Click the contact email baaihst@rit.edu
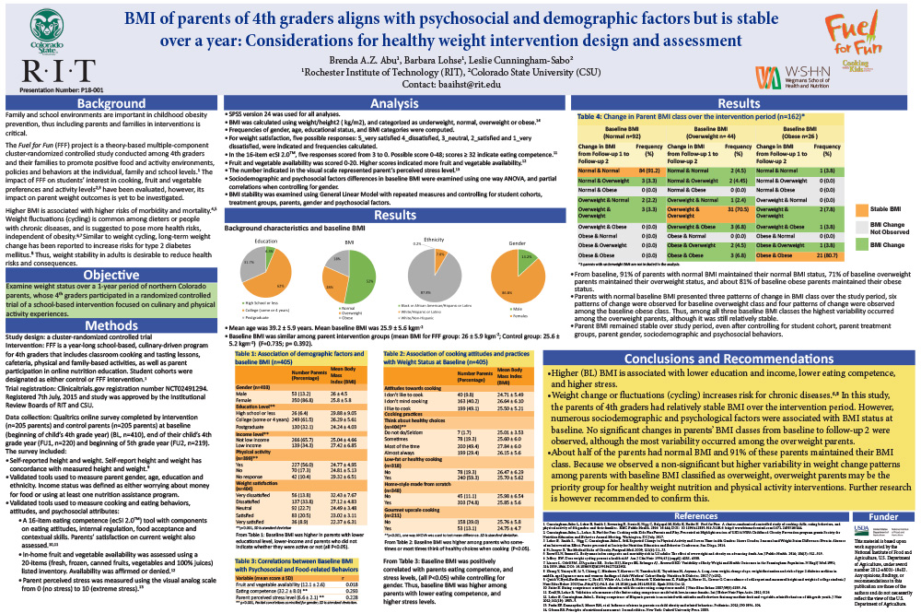pyautogui.click(x=459, y=85)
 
